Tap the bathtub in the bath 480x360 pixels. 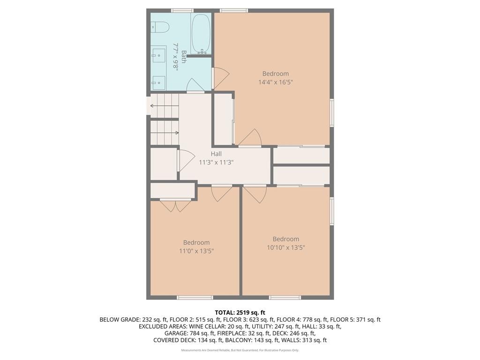click(x=201, y=34)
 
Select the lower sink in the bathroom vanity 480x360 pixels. click(x=159, y=82)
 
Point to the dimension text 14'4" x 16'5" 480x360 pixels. click(x=276, y=82)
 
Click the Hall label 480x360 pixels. click(x=216, y=154)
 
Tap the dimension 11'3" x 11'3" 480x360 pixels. click(x=216, y=162)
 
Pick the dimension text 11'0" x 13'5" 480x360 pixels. click(x=196, y=251)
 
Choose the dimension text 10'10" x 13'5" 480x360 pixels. click(x=286, y=247)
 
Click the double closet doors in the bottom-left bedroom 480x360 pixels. click(x=175, y=205)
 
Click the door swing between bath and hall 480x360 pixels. click(x=195, y=85)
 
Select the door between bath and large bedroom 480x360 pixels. click(x=220, y=78)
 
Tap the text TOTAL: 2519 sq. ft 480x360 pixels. click(x=240, y=312)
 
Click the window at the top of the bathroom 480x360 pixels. click(x=182, y=10)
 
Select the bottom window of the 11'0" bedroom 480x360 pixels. click(x=195, y=297)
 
